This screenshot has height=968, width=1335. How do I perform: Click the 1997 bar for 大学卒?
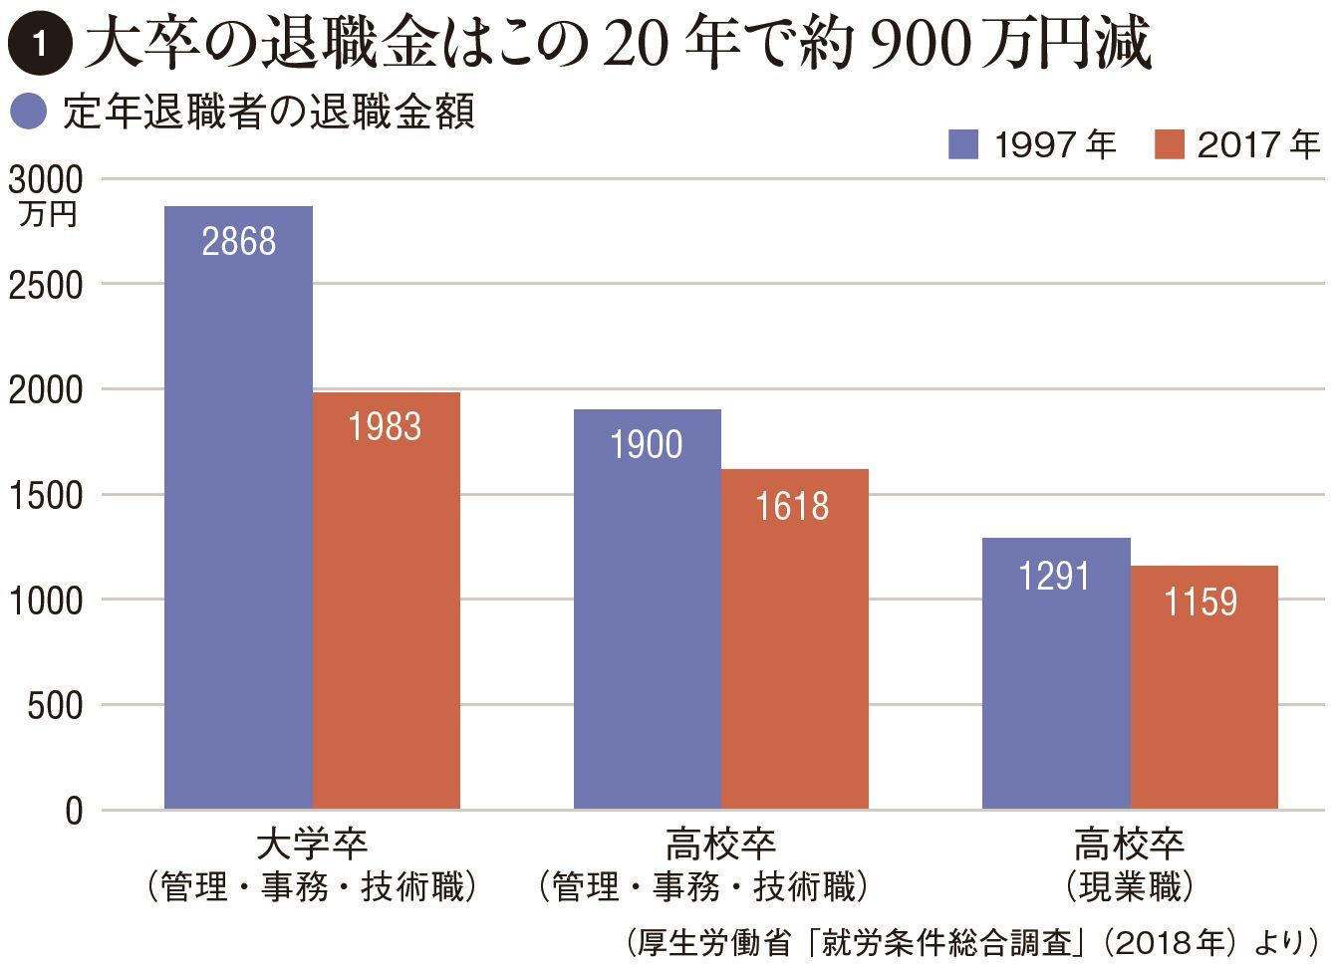(238, 508)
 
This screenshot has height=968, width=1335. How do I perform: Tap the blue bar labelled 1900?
(647, 608)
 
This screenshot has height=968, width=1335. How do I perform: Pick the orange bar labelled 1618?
(794, 638)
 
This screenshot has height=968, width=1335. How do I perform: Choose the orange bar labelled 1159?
(1203, 687)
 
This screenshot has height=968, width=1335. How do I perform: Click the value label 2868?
(238, 242)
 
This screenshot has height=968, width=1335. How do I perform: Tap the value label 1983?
(385, 427)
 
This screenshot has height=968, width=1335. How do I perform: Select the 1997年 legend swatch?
(962, 145)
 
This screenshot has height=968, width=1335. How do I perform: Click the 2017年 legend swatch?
(1169, 145)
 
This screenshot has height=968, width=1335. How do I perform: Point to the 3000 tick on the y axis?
(46, 180)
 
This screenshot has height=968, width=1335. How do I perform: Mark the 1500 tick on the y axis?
(46, 495)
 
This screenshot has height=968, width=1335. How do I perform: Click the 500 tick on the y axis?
(55, 706)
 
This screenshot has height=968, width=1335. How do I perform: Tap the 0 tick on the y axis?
(74, 812)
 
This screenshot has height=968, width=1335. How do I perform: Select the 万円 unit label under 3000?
(47, 214)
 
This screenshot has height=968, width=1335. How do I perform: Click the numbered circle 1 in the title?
(39, 45)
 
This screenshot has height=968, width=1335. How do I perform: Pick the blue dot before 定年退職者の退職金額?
(28, 112)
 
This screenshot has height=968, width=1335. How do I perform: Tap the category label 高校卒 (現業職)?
(1129, 864)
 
